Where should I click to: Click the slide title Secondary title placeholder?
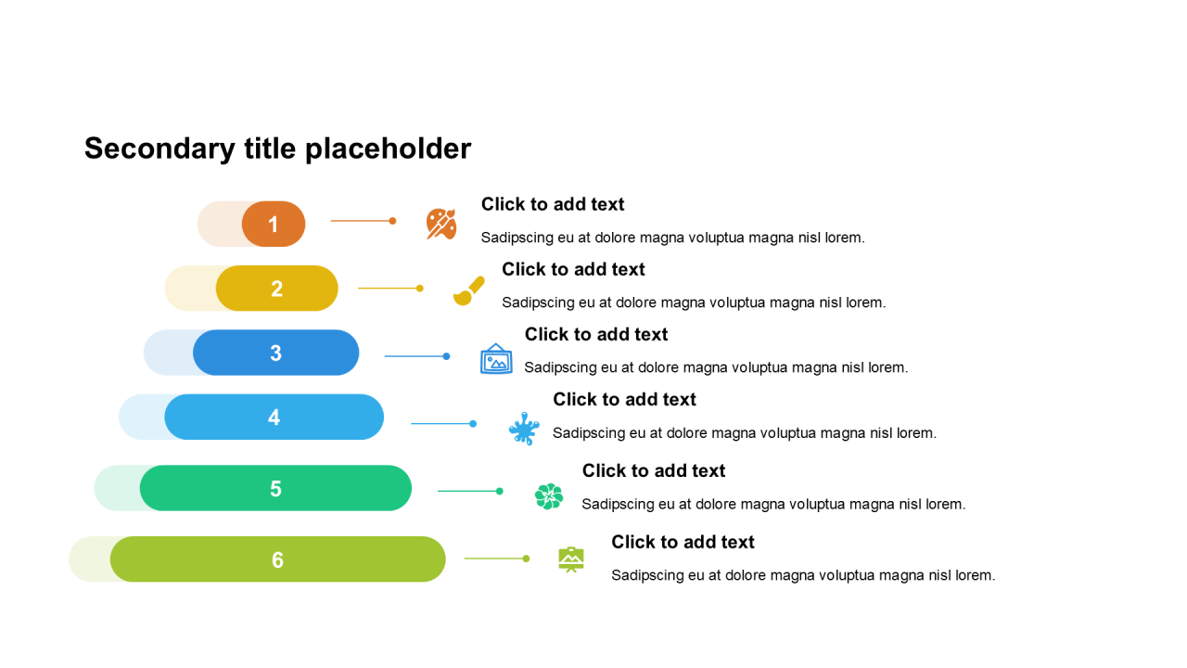pos(277,148)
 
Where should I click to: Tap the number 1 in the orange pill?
pos(274,225)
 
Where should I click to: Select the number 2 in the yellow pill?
pos(276,289)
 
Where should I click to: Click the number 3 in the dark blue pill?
pos(275,353)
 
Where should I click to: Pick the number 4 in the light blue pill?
pos(274,417)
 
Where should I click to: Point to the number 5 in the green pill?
pos(275,489)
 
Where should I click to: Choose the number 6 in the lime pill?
pos(277,560)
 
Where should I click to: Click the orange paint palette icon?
pos(441,224)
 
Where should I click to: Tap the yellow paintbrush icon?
pos(468,290)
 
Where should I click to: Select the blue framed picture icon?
pos(496,359)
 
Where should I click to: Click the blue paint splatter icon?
pos(524,429)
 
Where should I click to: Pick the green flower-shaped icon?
pos(549,496)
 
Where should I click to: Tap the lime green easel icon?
pos(571,559)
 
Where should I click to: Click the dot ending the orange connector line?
pos(392,221)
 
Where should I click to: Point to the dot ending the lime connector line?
pos(526,559)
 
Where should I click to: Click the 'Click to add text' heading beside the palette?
pos(553,204)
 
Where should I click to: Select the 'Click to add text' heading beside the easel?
pos(683,542)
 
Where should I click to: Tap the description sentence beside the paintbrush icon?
pos(694,302)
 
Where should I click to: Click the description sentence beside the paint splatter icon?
pos(745,432)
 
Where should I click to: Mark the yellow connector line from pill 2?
pos(388,289)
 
